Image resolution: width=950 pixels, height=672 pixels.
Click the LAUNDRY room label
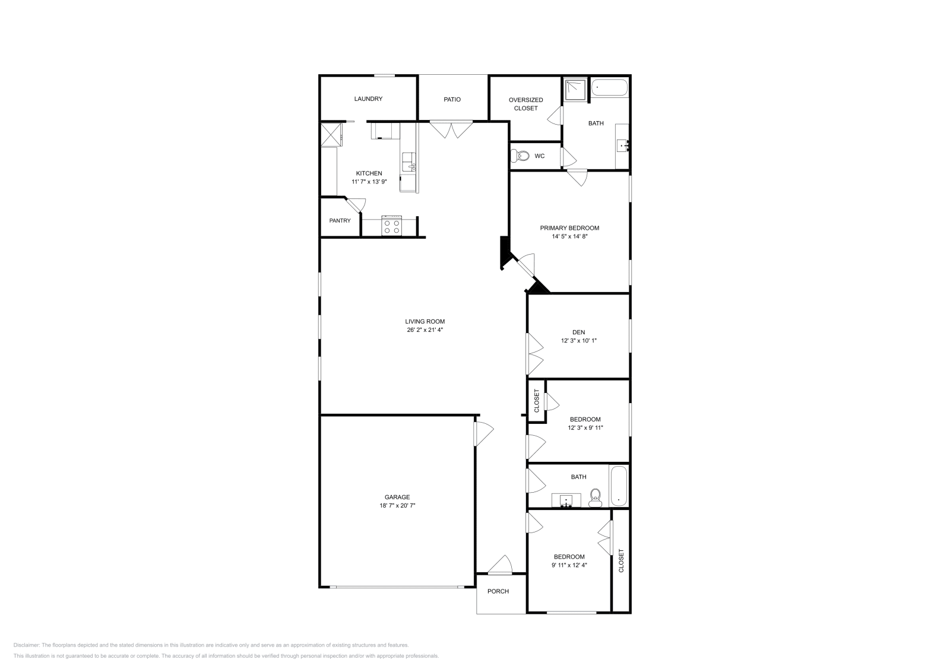coord(368,99)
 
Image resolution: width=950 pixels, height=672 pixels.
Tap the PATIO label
coord(452,100)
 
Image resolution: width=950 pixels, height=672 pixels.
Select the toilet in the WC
coord(521,156)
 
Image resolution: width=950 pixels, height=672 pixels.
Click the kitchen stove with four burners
coord(391,226)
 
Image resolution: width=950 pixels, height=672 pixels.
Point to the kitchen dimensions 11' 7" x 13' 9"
coord(369,182)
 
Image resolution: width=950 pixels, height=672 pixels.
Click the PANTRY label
coord(340,221)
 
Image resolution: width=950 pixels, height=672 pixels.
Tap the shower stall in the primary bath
coord(575,90)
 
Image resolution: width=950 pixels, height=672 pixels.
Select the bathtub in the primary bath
coord(609,88)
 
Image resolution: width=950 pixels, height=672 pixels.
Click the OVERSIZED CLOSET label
coord(525,104)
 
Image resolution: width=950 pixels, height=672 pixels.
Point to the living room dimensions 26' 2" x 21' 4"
coord(425,330)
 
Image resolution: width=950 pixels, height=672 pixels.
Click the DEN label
coord(578,332)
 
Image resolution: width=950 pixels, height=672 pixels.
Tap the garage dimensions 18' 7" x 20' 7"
coord(397,506)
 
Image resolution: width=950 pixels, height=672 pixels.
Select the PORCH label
coord(498,591)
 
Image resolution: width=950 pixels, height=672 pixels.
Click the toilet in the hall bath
coord(595,497)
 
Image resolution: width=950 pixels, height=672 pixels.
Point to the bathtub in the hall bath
coord(618,486)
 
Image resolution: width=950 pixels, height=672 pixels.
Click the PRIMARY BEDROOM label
coord(569,228)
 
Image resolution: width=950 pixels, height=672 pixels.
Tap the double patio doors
coord(451,129)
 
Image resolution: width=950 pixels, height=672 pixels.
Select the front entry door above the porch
coord(500,566)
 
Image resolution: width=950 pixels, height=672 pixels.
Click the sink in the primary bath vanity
coord(623,144)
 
